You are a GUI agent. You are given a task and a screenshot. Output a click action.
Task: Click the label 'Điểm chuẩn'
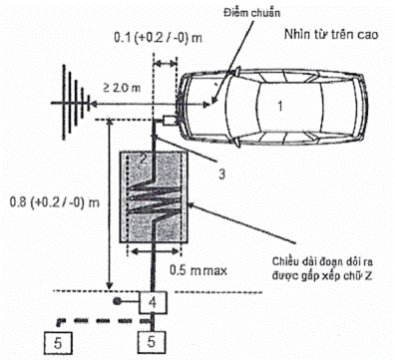point(251,13)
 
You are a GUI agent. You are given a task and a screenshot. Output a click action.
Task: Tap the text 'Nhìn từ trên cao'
point(331,34)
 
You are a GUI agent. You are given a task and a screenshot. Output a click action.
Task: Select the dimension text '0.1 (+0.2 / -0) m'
point(158,38)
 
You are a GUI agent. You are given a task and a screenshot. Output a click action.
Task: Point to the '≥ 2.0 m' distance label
point(122,88)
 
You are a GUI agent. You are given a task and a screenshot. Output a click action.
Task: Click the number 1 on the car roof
point(280,106)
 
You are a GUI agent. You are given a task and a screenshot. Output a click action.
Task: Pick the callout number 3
point(221,174)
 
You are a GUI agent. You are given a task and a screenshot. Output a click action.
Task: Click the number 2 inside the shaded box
point(143,160)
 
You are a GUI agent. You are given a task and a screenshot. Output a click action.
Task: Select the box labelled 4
point(153,302)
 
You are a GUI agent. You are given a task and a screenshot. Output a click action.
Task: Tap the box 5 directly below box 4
point(152,342)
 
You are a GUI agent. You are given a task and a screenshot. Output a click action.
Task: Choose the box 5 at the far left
point(58,343)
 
